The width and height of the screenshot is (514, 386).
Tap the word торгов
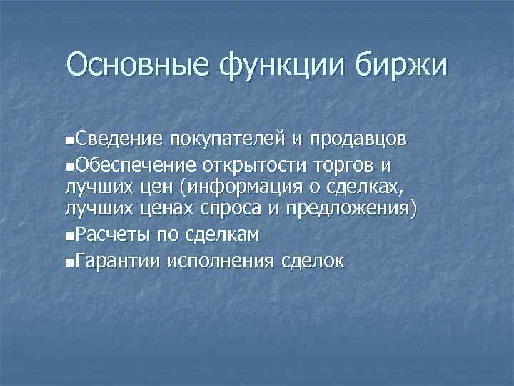tap(341, 167)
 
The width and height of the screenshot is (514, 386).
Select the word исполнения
tap(220, 261)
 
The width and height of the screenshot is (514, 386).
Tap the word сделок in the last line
tap(311, 261)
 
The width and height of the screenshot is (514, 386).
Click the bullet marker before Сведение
tap(68, 138)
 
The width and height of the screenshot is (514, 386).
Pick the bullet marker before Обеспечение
tap(68, 167)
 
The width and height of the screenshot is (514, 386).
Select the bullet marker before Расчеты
tap(68, 235)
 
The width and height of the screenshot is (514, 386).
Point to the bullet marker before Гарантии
tap(68, 262)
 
